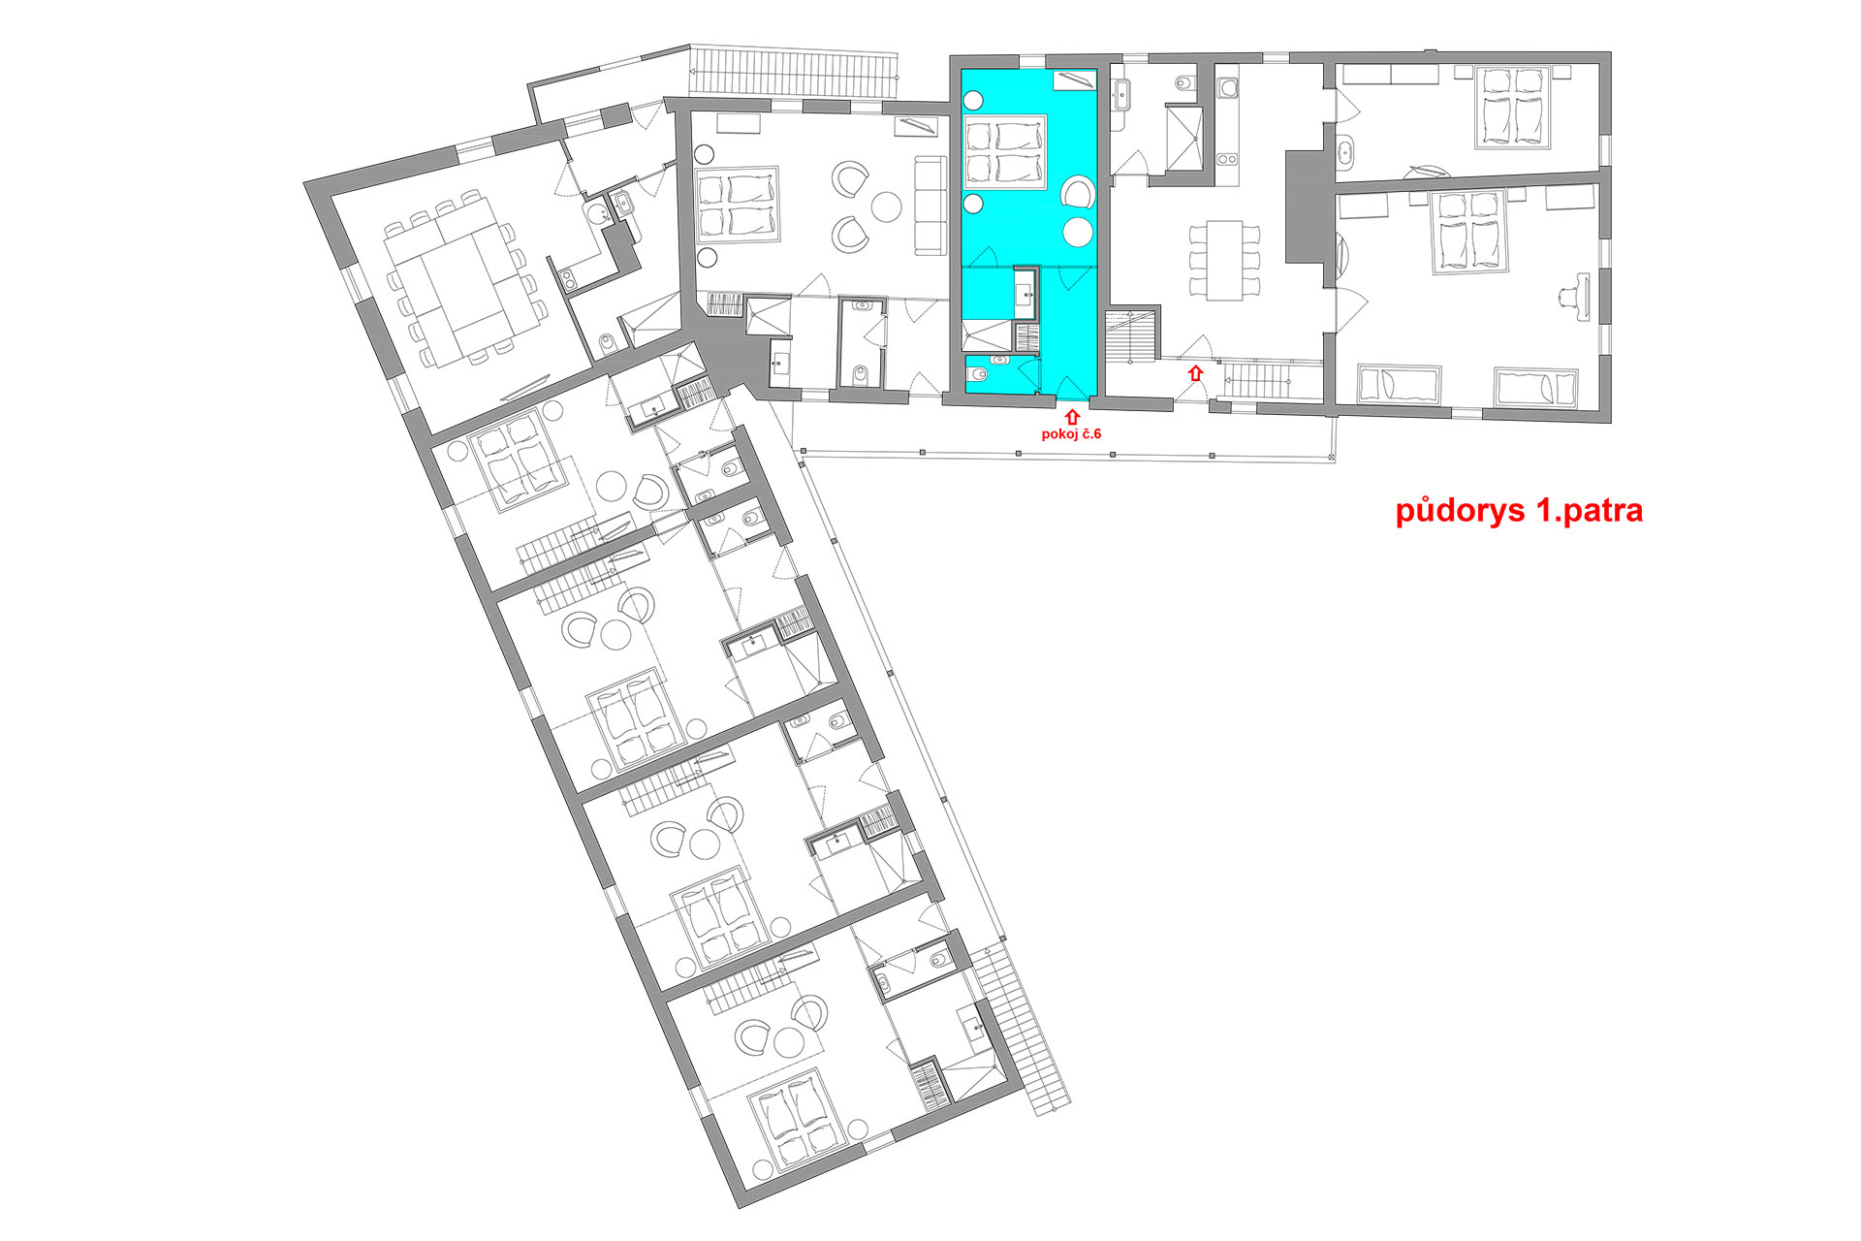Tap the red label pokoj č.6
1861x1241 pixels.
[x=1071, y=433]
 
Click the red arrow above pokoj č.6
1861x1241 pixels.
[x=1072, y=417]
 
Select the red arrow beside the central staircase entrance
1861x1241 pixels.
[x=1196, y=372]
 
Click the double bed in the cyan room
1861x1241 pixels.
[x=1005, y=152]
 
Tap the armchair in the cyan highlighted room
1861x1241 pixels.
[x=1078, y=192]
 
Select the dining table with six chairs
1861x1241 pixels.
[x=1225, y=260]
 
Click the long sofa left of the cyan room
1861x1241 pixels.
[x=930, y=206]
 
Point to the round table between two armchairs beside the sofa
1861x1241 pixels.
[x=886, y=206]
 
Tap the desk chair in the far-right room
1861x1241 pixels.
[x=1576, y=297]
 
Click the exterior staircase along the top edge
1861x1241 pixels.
[x=794, y=73]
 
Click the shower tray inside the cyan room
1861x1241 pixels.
[x=987, y=335]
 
